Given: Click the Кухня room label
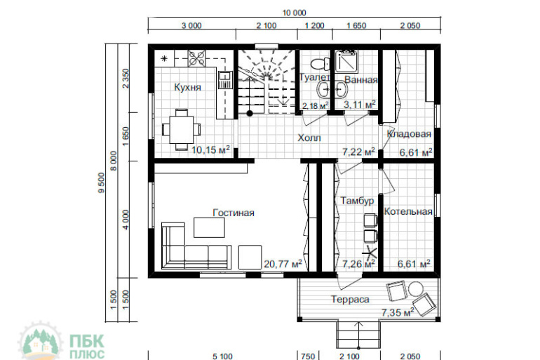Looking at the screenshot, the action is coord(187,87).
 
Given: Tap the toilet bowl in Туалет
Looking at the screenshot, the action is coord(318,64).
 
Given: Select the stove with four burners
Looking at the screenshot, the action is coord(196,58).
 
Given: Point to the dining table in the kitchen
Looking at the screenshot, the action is coord(181,130).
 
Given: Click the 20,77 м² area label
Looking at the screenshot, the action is coord(283,264).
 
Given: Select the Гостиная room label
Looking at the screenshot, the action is coord(234,213).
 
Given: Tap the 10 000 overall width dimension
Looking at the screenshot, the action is coord(294,13).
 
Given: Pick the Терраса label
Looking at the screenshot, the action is coord(350,299).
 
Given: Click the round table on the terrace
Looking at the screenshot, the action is coord(415,289).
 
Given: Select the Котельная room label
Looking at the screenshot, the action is coord(408,211).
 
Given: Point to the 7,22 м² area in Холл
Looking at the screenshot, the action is coord(358,152).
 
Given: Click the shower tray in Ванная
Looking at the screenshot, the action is coord(346,61).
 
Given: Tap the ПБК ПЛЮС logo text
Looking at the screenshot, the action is coord(87,347).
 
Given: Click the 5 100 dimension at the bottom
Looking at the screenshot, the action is coord(222,356).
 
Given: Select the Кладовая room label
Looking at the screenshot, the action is coord(409,133).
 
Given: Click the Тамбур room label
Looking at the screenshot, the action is coord(357,201).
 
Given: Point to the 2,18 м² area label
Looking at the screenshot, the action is coord(315,105).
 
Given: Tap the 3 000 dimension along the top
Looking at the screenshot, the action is coord(191,25).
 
